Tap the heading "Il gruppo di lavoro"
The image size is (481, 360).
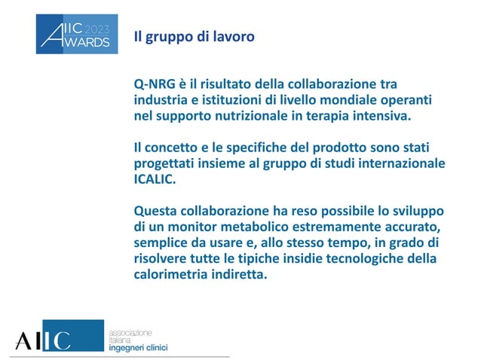tap(194, 35)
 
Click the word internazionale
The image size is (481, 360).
tap(400, 163)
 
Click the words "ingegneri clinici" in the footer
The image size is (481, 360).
tap(139, 347)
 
